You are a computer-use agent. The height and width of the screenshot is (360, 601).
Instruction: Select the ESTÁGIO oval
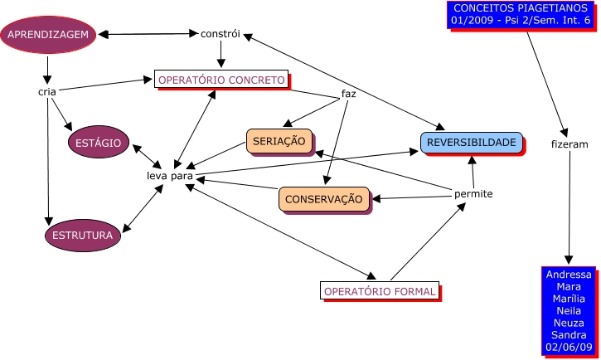click(98, 143)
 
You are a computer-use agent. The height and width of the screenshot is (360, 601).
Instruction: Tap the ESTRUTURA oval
click(82, 236)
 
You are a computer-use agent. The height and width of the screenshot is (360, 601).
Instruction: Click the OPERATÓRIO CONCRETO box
click(221, 80)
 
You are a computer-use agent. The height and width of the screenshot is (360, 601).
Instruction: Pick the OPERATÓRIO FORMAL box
click(380, 291)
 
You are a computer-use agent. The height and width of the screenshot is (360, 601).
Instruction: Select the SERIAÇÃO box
click(279, 141)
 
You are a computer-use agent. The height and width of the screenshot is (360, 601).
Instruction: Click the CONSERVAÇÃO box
click(323, 199)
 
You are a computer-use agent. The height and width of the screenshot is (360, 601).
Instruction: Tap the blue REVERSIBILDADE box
click(471, 143)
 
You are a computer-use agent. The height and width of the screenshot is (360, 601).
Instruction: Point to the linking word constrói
click(221, 34)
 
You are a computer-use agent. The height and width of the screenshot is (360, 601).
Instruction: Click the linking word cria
click(47, 91)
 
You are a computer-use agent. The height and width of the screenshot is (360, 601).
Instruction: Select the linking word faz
click(349, 94)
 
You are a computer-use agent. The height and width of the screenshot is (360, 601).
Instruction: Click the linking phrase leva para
click(170, 176)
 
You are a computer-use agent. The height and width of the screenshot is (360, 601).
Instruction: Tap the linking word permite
click(473, 194)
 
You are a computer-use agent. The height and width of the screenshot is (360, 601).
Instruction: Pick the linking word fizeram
click(569, 144)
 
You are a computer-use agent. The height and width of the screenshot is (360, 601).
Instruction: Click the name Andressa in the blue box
click(569, 275)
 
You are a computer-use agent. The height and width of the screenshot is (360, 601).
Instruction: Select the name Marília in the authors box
click(569, 299)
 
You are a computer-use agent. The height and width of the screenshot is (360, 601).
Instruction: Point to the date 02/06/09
click(569, 347)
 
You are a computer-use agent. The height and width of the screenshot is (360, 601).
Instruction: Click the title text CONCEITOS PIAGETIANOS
click(520, 7)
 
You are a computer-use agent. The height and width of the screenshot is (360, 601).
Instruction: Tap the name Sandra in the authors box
click(569, 335)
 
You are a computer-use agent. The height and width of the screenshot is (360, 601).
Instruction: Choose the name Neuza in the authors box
click(569, 323)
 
